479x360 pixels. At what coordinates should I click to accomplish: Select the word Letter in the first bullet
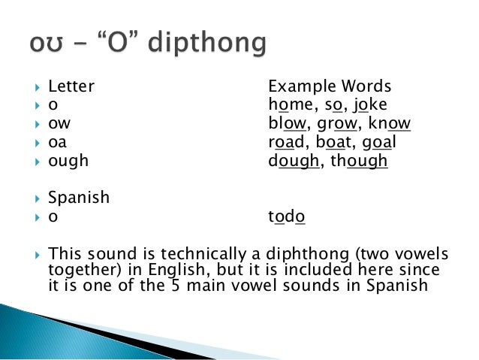71,86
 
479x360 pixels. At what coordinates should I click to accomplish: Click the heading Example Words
330,86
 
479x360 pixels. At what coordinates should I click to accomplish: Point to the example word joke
369,104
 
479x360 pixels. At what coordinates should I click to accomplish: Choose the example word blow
288,123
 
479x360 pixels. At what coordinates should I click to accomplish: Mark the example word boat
333,142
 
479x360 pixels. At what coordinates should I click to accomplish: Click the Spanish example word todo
287,216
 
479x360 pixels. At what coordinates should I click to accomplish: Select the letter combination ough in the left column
68,161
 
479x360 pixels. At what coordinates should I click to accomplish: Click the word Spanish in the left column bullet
78,198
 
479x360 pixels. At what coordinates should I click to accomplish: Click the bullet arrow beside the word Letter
37,86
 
